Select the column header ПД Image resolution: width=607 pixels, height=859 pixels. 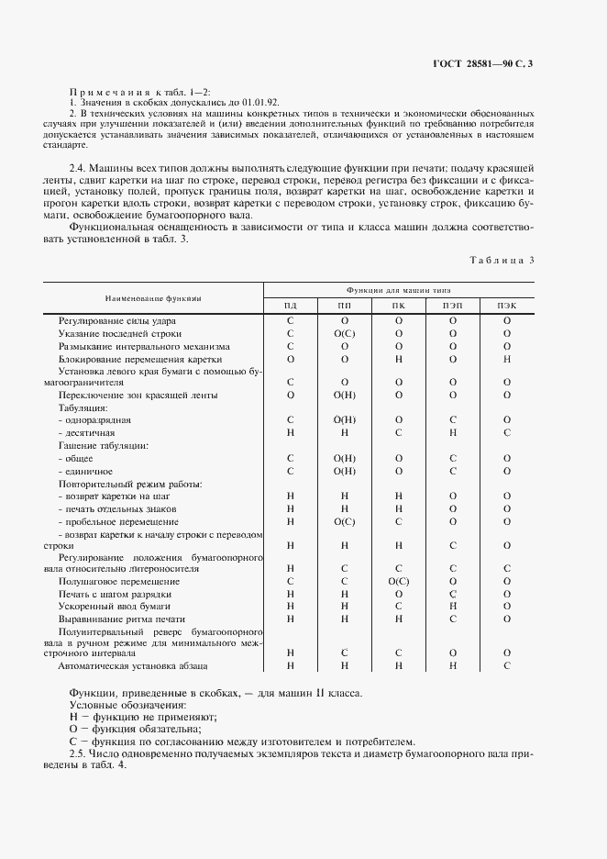(x=290, y=305)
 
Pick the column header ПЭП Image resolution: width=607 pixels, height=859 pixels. (x=453, y=305)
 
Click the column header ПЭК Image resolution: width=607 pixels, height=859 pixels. (x=506, y=305)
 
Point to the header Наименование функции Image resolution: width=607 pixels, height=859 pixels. (x=152, y=298)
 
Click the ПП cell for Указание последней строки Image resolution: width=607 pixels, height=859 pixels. (x=345, y=333)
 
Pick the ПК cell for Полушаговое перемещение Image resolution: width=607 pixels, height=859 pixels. (x=399, y=581)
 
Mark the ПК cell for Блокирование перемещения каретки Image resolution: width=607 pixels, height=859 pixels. (x=399, y=360)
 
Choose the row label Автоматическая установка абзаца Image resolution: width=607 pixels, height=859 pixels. (x=133, y=665)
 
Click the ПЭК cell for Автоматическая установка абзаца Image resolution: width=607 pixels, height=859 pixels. (x=506, y=665)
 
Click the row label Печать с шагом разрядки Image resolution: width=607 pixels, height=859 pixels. (x=115, y=594)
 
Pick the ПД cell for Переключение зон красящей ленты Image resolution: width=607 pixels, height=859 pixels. (x=290, y=395)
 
